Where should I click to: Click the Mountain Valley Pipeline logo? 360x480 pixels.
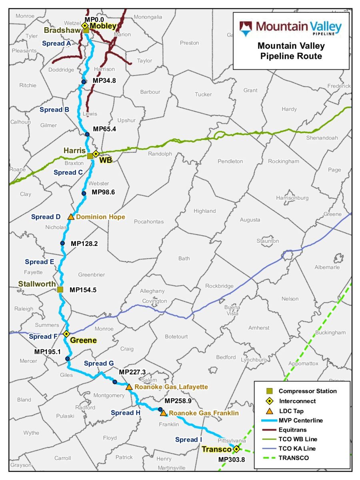coord(290,28)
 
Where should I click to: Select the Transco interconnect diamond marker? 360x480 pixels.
coord(236,449)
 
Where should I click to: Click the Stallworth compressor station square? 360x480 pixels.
coord(60,289)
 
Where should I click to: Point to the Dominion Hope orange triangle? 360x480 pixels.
coord(71,217)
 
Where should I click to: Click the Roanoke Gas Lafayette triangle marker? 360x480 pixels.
coord(129,387)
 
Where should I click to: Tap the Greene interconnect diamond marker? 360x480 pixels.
coord(66,334)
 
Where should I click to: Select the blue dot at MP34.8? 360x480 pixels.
coord(84,82)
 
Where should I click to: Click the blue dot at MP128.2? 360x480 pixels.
coord(62,243)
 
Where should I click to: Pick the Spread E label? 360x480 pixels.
coord(39,262)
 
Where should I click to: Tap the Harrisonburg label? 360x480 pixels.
coord(292,198)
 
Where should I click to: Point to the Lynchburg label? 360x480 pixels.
coord(254,360)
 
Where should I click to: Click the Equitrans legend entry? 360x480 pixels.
coord(292,430)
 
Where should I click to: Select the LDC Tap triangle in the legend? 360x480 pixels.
coord(270,411)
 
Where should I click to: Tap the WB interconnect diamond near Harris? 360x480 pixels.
coord(96,154)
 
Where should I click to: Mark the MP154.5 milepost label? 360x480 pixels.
coord(83,290)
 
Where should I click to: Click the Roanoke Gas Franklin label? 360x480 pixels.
coord(204,413)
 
